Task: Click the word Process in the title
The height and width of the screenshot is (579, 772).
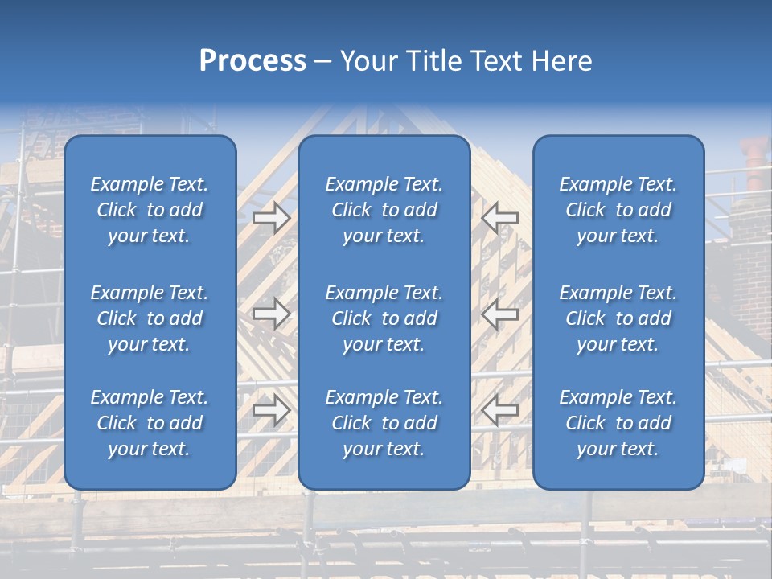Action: click(x=253, y=61)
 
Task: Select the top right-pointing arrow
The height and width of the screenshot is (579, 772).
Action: click(x=272, y=217)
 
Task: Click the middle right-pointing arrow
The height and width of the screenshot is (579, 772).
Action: click(x=272, y=314)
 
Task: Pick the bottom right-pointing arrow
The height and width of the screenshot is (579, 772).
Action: click(x=272, y=410)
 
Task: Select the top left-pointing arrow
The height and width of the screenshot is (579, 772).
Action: click(x=499, y=217)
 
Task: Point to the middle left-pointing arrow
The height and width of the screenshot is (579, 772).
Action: click(x=499, y=314)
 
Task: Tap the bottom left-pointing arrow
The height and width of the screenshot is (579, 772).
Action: click(x=499, y=410)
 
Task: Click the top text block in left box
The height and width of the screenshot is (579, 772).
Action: click(x=150, y=210)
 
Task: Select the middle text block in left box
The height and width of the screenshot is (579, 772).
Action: click(x=150, y=318)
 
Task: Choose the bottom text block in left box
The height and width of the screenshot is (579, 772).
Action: click(x=150, y=423)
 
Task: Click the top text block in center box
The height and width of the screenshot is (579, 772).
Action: click(x=384, y=210)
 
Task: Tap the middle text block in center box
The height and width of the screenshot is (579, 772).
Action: click(x=384, y=318)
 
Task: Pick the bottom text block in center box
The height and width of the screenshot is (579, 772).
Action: click(x=384, y=423)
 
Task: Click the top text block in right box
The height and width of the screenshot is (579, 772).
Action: click(x=618, y=210)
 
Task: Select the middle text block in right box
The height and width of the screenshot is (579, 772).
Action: click(x=618, y=318)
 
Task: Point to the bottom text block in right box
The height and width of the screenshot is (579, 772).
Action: click(x=618, y=423)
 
